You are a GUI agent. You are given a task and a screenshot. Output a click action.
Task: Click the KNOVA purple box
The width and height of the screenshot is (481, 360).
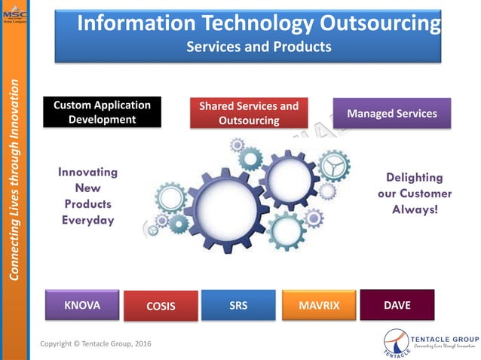tap(83, 305)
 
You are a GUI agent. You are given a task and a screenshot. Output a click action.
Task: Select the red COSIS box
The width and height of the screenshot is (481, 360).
tap(161, 307)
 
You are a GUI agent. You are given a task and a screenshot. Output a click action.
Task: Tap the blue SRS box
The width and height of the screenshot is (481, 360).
tap(238, 305)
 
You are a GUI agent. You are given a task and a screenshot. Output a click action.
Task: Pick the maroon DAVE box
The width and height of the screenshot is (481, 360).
tap(397, 304)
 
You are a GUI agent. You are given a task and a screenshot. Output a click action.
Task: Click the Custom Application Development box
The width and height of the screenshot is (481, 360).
tap(102, 112)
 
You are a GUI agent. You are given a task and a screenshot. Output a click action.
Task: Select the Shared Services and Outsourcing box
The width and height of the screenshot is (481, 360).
tap(249, 113)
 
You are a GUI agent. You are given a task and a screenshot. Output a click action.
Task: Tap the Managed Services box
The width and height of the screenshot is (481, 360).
tap(391, 113)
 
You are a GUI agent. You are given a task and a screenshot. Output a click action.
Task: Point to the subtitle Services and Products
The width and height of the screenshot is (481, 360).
tap(259, 47)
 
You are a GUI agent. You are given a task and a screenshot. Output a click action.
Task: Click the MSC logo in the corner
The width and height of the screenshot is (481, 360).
tap(14, 13)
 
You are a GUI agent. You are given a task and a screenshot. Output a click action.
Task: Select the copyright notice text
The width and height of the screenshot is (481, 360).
tap(96, 343)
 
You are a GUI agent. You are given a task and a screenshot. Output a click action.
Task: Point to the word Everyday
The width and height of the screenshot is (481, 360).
tap(87, 220)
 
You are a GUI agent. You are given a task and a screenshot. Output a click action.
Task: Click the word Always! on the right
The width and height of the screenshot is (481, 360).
tap(414, 209)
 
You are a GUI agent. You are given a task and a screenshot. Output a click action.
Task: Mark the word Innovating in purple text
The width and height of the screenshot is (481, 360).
tap(87, 172)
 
